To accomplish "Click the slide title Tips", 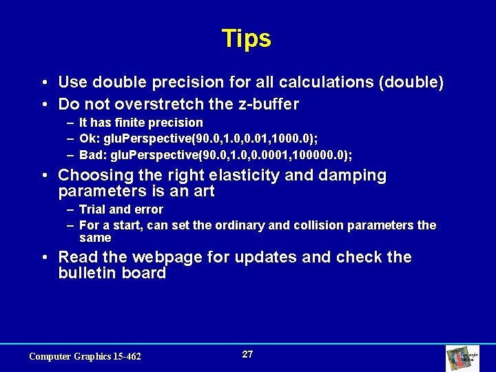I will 247,39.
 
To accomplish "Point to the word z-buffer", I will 265,105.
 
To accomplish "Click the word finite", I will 131,123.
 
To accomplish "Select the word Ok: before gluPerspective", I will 90,138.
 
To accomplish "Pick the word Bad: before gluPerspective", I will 93,154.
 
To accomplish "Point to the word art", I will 203,192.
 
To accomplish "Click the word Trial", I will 92,209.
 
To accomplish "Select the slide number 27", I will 247,354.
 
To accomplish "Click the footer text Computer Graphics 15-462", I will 85,356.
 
